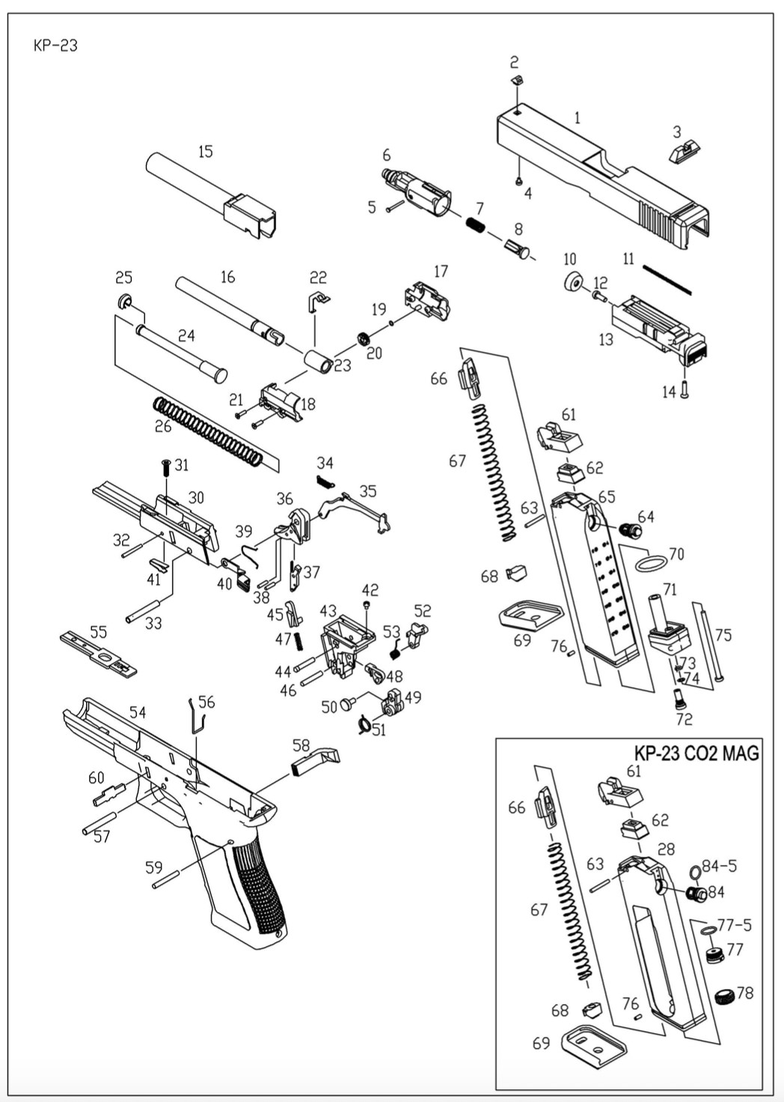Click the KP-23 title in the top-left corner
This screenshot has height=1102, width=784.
pos(55,46)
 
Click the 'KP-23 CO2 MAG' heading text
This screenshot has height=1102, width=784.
pos(696,752)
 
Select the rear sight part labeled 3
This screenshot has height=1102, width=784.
pos(682,154)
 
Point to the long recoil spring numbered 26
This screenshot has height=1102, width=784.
pos(207,431)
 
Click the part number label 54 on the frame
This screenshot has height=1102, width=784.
pos(138,712)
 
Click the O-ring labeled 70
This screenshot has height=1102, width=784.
pos(650,561)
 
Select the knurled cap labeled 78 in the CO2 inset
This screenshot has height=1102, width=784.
pos(724,996)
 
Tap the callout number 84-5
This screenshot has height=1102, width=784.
pos(719,866)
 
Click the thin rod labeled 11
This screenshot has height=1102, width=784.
pos(667,280)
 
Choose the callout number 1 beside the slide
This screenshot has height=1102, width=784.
pos(577,117)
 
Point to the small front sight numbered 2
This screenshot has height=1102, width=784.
pos(515,80)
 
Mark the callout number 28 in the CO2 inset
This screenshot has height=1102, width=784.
pos(666,849)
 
